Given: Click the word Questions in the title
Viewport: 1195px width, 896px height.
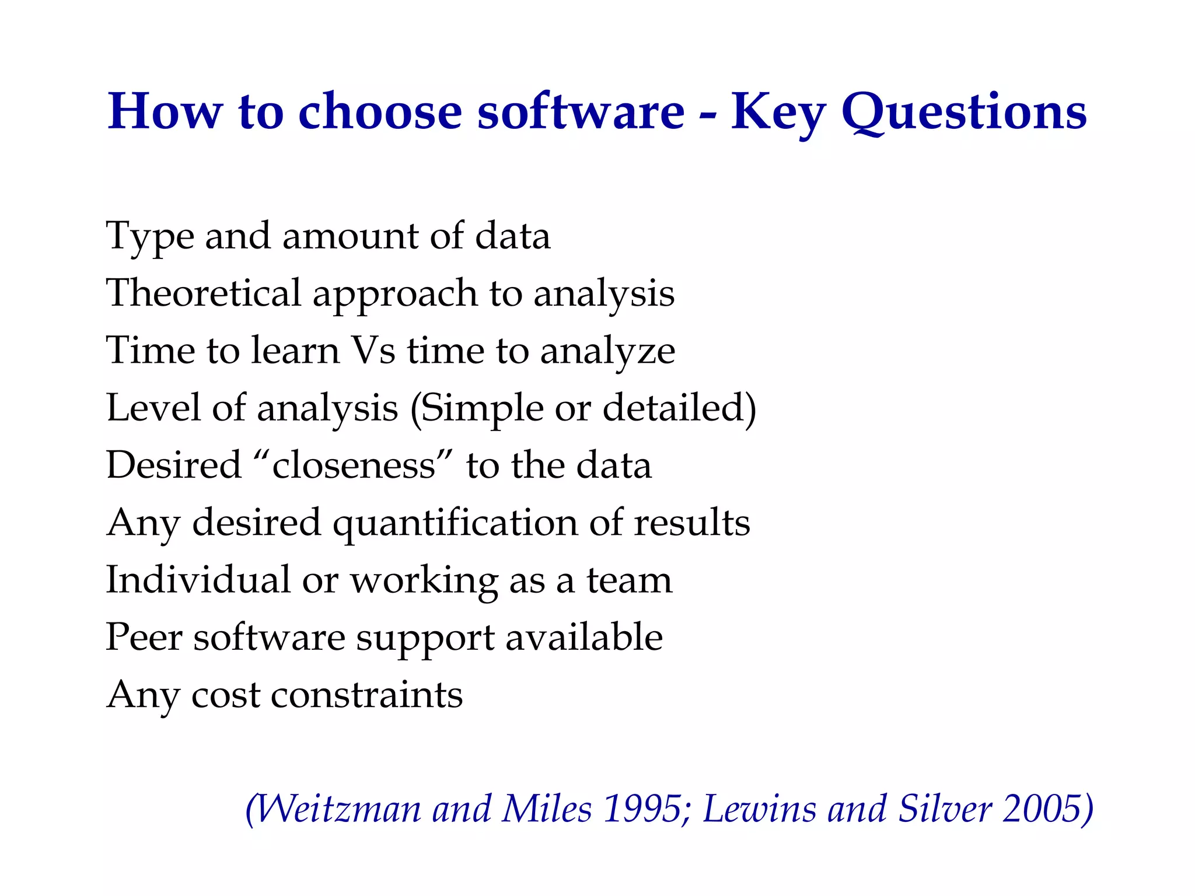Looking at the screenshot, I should pos(964,112).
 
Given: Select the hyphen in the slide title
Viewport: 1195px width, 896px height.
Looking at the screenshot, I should pos(708,115).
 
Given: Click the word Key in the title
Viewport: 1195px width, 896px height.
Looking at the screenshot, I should pos(778,112).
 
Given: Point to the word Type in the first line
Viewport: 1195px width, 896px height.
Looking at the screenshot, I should pos(150,237).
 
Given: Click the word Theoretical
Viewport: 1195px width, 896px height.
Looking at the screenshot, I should pos(203,293).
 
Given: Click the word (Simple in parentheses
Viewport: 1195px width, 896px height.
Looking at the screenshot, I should pos(476,408).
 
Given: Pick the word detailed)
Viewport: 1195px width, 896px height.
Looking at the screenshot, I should pos(679,408).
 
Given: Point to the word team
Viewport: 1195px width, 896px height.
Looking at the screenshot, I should pos(629,580).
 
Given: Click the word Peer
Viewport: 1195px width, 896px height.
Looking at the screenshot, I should pos(144,637).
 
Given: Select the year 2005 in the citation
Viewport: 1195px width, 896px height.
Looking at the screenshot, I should pos(1047,809).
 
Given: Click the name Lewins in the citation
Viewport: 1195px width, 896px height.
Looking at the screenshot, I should pos(759,809).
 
